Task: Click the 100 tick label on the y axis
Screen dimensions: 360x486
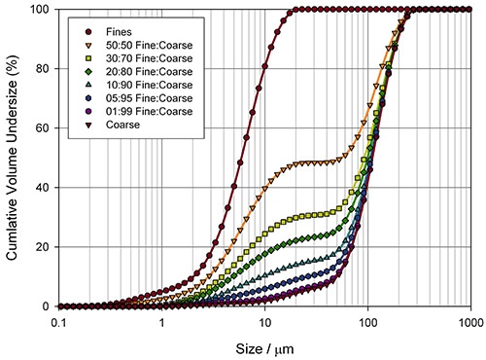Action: coord(40,10)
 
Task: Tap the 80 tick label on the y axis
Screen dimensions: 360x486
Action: coord(43,69)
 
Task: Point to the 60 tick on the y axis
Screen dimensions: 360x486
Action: coord(43,128)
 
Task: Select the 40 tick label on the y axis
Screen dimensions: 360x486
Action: coord(43,188)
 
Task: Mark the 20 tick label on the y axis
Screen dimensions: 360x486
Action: coord(43,247)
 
